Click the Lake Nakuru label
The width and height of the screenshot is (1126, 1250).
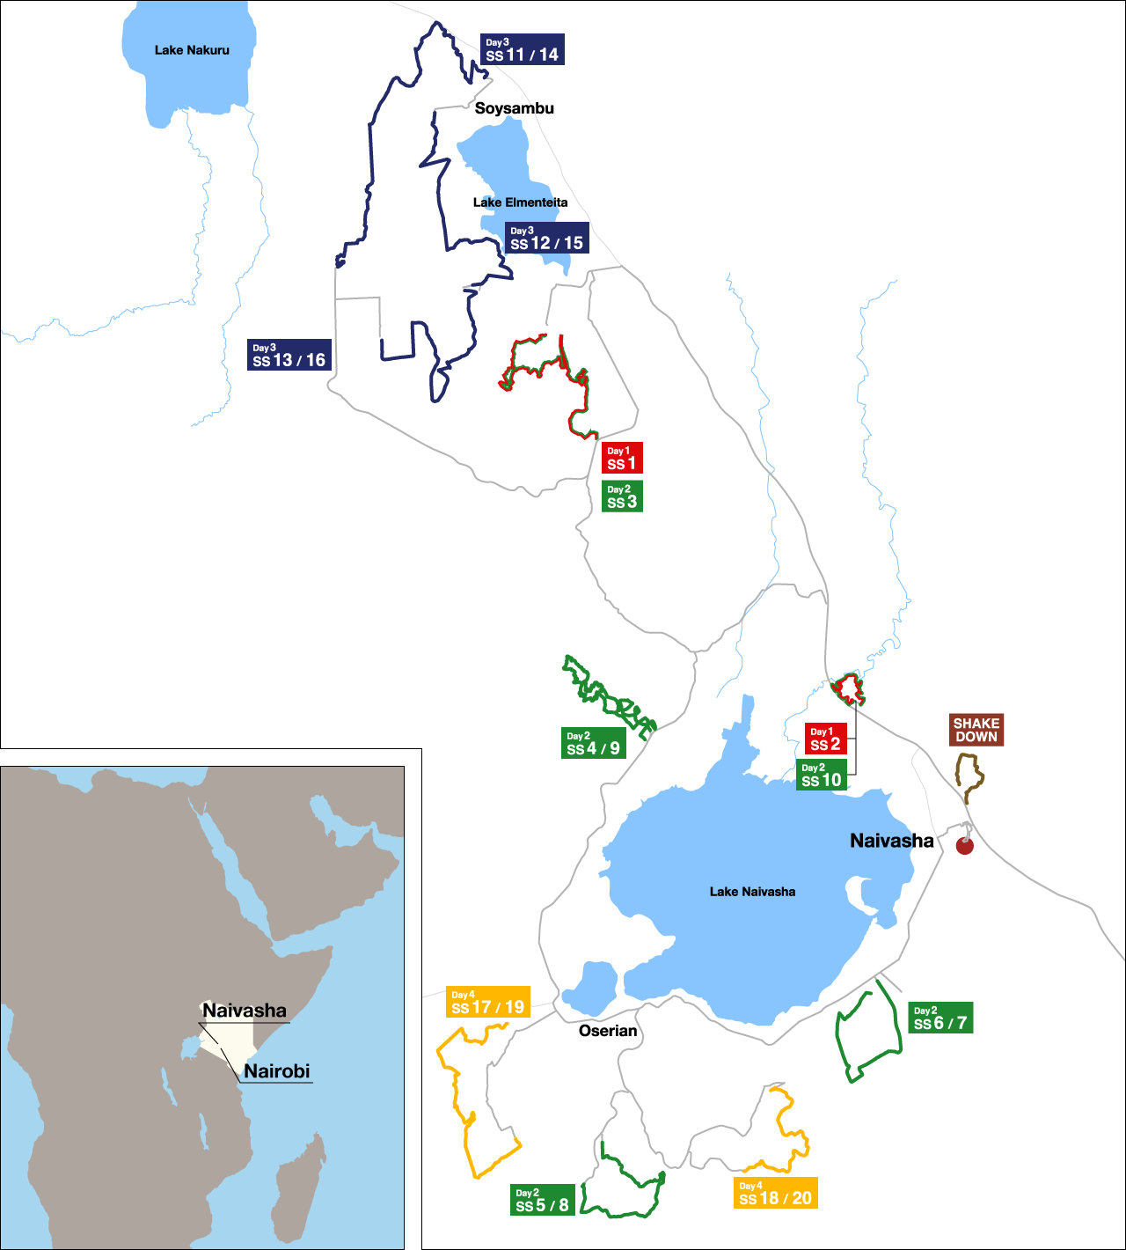[x=192, y=50]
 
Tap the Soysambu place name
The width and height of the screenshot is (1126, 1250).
[x=515, y=108]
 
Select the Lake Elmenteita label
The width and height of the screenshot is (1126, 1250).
[x=520, y=202]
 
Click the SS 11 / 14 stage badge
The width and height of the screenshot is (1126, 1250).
[x=523, y=49]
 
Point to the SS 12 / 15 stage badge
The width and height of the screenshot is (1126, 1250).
[x=546, y=238]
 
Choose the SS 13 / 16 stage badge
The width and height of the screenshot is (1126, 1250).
[x=289, y=355]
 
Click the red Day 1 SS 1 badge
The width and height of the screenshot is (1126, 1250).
[x=622, y=458]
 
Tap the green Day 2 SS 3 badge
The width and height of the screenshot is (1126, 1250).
[x=622, y=496]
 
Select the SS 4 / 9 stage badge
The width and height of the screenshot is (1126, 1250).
[x=594, y=743]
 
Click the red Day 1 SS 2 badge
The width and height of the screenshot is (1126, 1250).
[x=825, y=739]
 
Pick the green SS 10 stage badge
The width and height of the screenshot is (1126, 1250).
[x=822, y=775]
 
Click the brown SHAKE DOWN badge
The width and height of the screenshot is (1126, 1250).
[x=976, y=730]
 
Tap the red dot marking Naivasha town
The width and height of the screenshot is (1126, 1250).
[x=965, y=846]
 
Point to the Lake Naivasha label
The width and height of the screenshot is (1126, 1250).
[x=752, y=892]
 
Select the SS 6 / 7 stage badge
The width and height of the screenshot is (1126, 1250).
[x=940, y=1018]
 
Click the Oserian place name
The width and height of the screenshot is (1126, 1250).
[x=608, y=1031]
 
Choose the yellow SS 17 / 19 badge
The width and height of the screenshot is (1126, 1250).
[x=488, y=1002]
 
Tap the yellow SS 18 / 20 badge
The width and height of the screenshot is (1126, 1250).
[x=776, y=1193]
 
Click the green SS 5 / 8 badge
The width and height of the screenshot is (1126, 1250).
[x=543, y=1200]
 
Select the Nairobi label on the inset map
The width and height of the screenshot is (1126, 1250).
[x=277, y=1071]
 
